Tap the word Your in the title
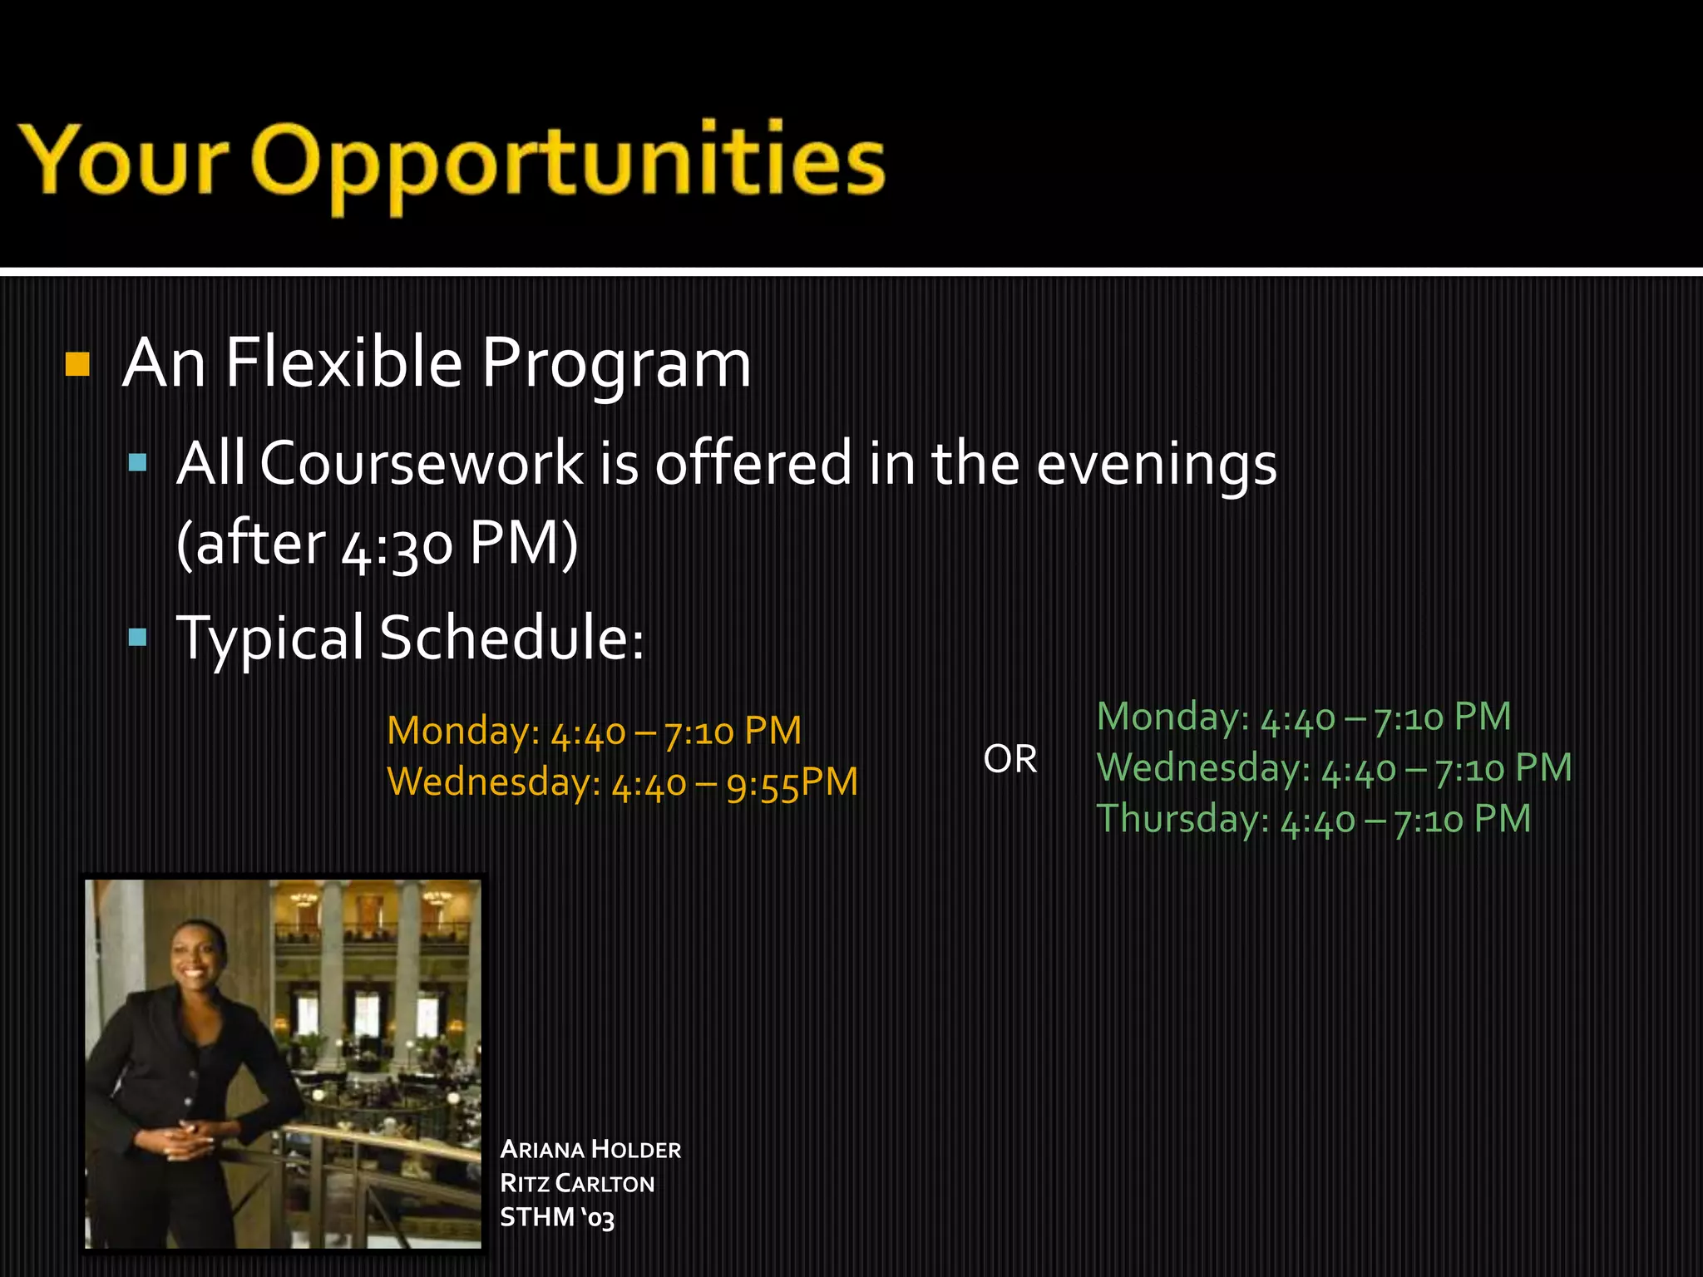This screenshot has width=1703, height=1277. (125, 160)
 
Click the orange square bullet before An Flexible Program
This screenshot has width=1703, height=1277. (77, 364)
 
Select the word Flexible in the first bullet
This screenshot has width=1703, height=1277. (343, 363)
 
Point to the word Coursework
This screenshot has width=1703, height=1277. (422, 463)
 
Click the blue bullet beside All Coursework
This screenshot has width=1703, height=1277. (138, 462)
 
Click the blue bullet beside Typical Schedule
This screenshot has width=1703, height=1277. (138, 638)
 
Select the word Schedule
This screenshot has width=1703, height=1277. (511, 638)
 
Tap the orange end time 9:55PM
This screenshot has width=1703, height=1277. (791, 783)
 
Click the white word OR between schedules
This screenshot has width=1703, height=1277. (1009, 759)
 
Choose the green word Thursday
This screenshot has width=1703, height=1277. (1182, 819)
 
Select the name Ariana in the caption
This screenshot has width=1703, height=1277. (542, 1150)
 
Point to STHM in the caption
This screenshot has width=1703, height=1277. (537, 1218)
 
